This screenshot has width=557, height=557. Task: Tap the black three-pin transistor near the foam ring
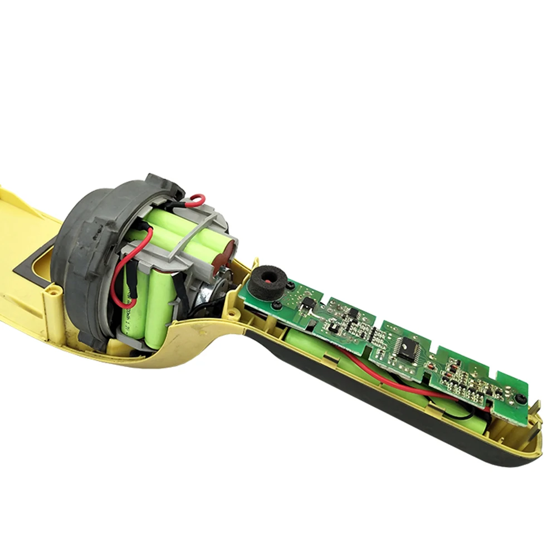(305, 304)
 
